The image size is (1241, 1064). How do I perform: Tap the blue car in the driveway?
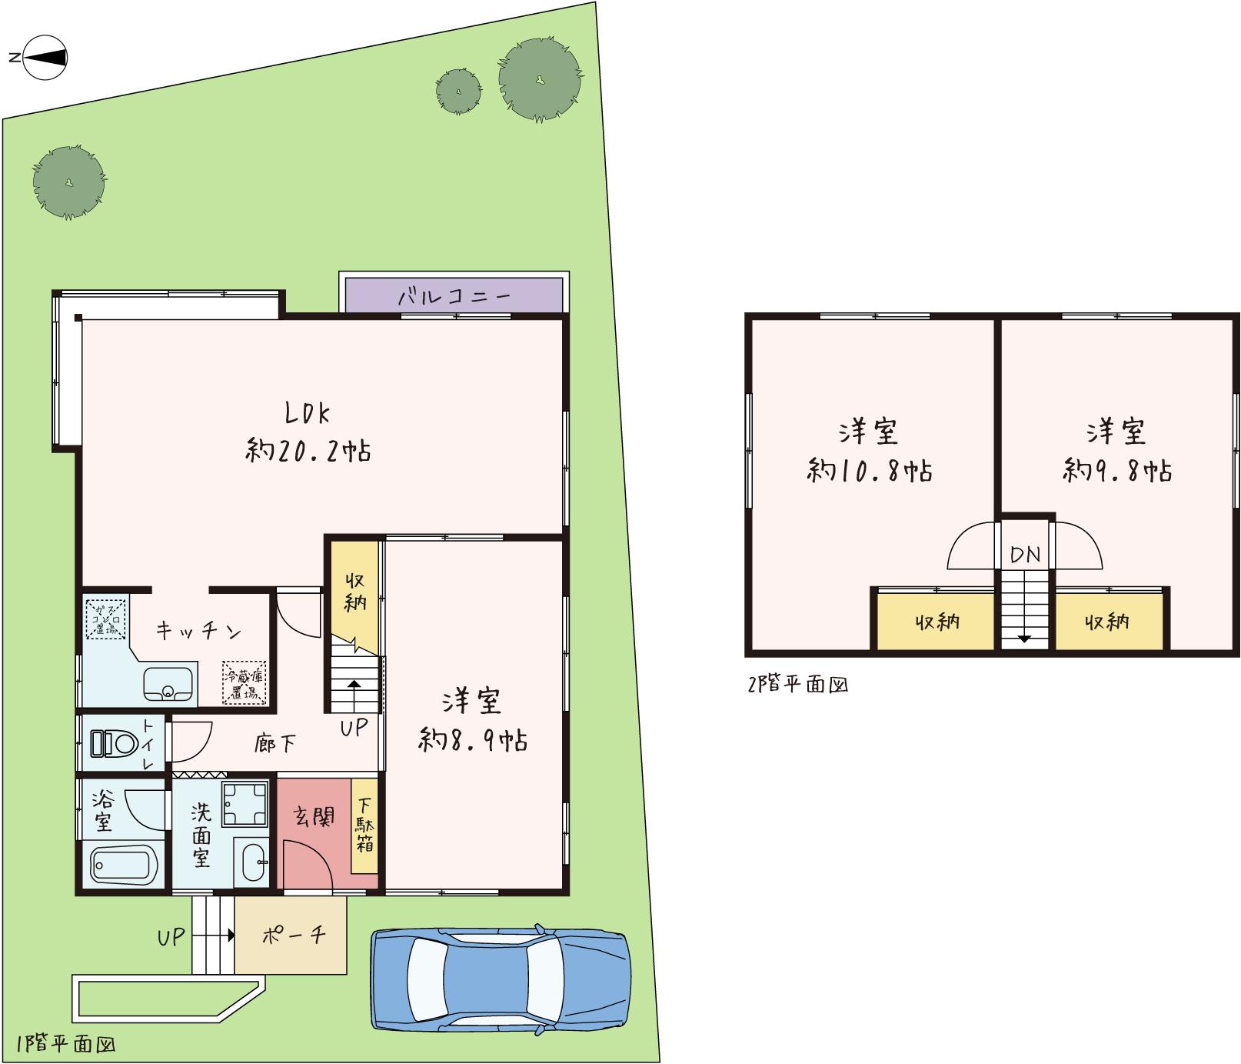click(501, 977)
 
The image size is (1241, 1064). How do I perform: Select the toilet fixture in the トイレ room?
click(112, 743)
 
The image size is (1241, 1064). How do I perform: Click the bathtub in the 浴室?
click(124, 863)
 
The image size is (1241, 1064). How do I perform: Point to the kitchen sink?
click(168, 682)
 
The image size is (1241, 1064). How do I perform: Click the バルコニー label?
click(454, 296)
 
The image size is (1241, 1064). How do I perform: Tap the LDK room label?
click(308, 414)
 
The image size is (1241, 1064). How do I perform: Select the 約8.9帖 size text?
click(473, 741)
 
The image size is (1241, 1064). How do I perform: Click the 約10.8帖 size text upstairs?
click(870, 470)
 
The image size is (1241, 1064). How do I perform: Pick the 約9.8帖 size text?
click(1117, 470)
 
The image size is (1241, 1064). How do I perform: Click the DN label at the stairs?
click(1025, 554)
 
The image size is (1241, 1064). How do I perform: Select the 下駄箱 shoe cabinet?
click(364, 826)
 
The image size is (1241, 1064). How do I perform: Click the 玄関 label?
click(314, 816)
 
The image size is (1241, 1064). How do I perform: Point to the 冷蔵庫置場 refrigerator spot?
click(245, 682)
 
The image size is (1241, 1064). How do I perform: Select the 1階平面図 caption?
click(65, 1044)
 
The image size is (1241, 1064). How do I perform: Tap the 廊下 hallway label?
click(275, 744)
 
